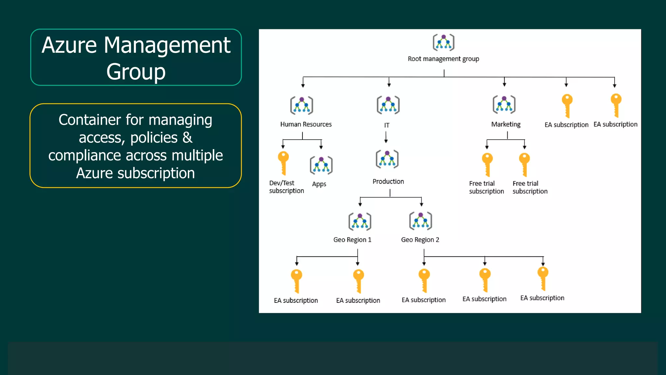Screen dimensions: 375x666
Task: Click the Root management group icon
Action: (x=443, y=42)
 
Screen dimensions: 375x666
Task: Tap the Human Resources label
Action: (x=306, y=124)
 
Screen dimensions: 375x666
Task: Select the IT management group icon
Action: (x=388, y=105)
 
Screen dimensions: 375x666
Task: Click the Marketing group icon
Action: (x=504, y=104)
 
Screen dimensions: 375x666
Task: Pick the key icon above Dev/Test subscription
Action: (x=283, y=163)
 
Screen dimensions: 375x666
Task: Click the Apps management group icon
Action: (x=321, y=165)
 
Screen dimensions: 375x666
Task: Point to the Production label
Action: (x=388, y=182)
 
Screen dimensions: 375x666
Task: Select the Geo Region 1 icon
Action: (x=360, y=222)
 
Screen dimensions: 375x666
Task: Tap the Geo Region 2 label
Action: (x=420, y=240)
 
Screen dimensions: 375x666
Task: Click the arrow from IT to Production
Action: (x=386, y=137)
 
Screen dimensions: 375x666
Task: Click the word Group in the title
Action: (x=136, y=72)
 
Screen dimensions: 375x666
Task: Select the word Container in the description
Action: (x=90, y=120)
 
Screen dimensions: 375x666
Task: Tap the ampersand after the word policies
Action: (x=187, y=137)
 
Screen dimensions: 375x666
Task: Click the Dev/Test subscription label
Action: (x=286, y=187)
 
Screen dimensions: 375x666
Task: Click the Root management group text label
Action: (x=443, y=59)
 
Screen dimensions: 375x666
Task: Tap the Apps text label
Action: (x=319, y=184)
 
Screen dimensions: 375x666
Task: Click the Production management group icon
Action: (x=387, y=159)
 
